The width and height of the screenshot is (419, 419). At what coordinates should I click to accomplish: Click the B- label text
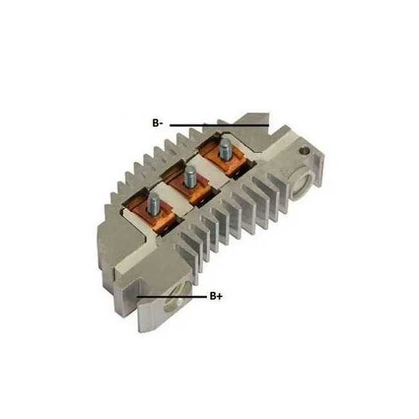158,123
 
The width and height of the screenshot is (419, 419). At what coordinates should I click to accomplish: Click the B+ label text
216,296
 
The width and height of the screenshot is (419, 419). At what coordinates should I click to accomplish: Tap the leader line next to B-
219,125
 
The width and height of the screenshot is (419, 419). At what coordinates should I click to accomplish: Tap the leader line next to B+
172,297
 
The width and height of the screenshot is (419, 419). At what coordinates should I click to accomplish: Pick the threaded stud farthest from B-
153,204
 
